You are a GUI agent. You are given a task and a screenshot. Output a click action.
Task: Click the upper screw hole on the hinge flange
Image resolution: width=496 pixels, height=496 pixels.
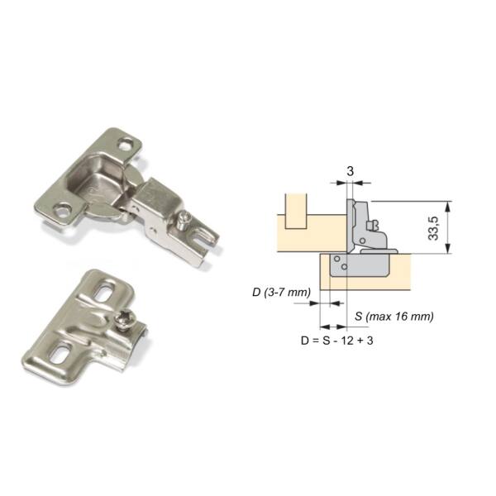pyautogui.click(x=126, y=145)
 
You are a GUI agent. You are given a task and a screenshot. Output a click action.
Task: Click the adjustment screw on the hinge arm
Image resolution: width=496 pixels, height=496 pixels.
pyautogui.click(x=184, y=220)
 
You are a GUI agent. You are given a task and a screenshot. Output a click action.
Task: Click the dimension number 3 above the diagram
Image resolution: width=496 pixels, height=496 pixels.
pyautogui.click(x=350, y=171)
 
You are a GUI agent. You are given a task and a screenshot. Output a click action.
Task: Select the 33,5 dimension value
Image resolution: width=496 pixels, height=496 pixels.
pyautogui.click(x=433, y=228)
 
